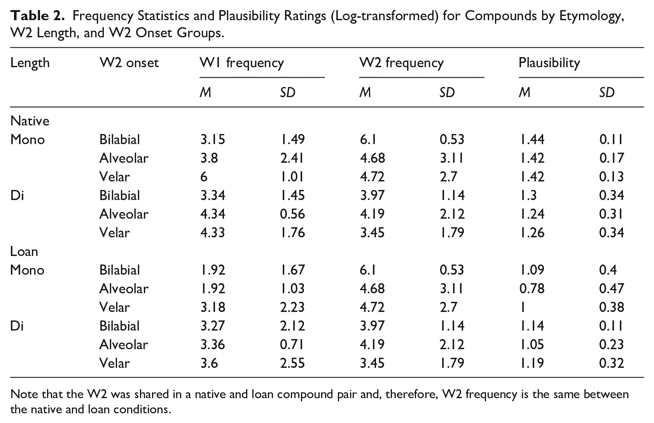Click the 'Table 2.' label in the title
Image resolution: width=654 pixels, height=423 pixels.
click(x=37, y=16)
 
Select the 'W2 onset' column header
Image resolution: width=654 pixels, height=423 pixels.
click(x=129, y=63)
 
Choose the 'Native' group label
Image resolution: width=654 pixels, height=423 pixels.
click(x=30, y=121)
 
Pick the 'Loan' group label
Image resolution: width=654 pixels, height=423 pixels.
click(x=24, y=251)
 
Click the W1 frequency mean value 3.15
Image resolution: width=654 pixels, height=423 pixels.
click(x=213, y=139)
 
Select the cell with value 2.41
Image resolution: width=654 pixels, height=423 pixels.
click(x=292, y=158)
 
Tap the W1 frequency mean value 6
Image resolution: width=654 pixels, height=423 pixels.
click(x=204, y=177)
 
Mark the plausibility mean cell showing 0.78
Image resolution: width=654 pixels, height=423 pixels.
click(x=532, y=289)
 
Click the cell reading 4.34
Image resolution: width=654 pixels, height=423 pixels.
click(x=213, y=214)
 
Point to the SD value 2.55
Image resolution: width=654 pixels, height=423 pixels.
click(x=292, y=364)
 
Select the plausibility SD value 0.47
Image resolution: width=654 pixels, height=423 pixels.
click(x=611, y=289)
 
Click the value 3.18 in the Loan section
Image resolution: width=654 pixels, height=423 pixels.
click(x=213, y=308)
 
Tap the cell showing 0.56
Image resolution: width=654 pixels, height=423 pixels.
click(x=292, y=214)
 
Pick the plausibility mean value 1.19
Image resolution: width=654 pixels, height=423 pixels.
click(x=532, y=364)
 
